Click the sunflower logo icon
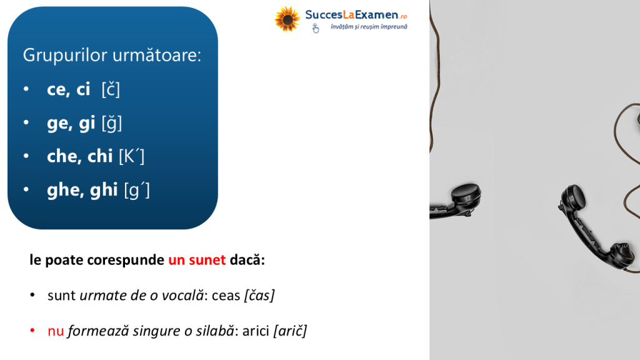tap(287, 19)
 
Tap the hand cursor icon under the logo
tap(316, 28)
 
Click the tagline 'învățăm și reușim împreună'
tap(369, 27)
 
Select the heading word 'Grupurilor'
tap(65, 56)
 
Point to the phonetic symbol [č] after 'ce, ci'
tap(111, 89)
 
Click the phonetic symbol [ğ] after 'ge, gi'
tap(111, 123)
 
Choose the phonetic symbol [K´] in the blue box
tap(131, 156)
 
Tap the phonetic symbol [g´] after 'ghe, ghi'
tap(137, 190)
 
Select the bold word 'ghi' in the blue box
tap(104, 190)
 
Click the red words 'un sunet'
tap(197, 260)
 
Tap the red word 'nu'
tap(56, 331)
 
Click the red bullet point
tap(32, 330)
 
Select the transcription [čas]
tap(259, 295)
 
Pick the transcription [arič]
tap(290, 331)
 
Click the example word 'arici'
tap(256, 331)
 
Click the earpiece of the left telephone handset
tap(466, 194)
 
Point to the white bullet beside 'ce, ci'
tap(26, 89)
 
